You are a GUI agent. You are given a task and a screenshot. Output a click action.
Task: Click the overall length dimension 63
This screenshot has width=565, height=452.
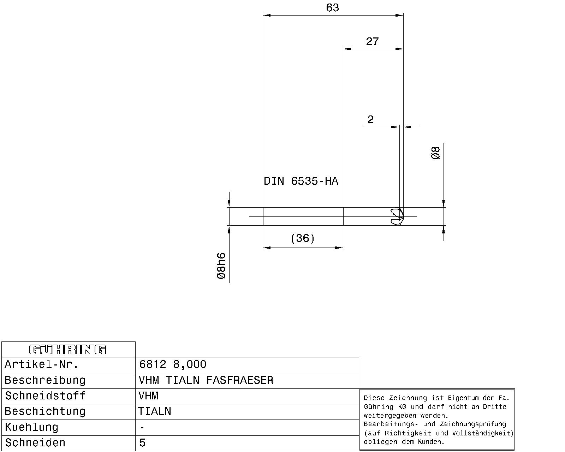332,8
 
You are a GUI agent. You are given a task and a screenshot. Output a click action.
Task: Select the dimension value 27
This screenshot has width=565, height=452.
372,42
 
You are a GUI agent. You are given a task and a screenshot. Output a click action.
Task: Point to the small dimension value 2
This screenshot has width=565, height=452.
370,120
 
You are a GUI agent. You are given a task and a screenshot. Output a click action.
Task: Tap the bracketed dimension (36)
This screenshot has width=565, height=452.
303,238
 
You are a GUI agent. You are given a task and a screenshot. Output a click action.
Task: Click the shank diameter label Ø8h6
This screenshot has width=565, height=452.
221,266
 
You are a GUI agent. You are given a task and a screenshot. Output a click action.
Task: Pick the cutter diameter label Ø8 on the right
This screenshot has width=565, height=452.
435,153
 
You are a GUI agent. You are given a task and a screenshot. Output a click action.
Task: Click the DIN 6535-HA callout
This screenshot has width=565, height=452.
301,181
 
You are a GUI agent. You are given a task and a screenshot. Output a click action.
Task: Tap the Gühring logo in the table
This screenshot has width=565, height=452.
67,350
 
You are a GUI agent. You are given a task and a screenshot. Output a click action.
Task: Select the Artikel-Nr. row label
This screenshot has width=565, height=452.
41,364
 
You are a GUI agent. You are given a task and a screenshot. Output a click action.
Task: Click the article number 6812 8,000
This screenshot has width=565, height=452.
172,364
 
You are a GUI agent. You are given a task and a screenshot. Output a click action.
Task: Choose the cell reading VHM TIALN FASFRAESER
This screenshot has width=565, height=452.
206,380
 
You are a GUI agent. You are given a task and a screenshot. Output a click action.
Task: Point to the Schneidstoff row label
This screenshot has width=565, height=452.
45,396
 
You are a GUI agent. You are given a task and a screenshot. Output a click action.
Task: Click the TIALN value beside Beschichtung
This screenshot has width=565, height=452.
155,411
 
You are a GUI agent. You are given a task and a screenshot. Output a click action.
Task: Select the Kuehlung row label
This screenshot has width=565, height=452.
31,427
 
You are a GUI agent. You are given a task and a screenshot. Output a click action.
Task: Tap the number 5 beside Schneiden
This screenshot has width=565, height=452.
142,443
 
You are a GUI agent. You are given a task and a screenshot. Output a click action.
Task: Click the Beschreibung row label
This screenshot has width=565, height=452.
45,381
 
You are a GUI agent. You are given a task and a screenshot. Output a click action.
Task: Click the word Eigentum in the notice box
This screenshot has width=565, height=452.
463,398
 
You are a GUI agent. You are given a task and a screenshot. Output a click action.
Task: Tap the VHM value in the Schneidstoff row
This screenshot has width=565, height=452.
148,396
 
